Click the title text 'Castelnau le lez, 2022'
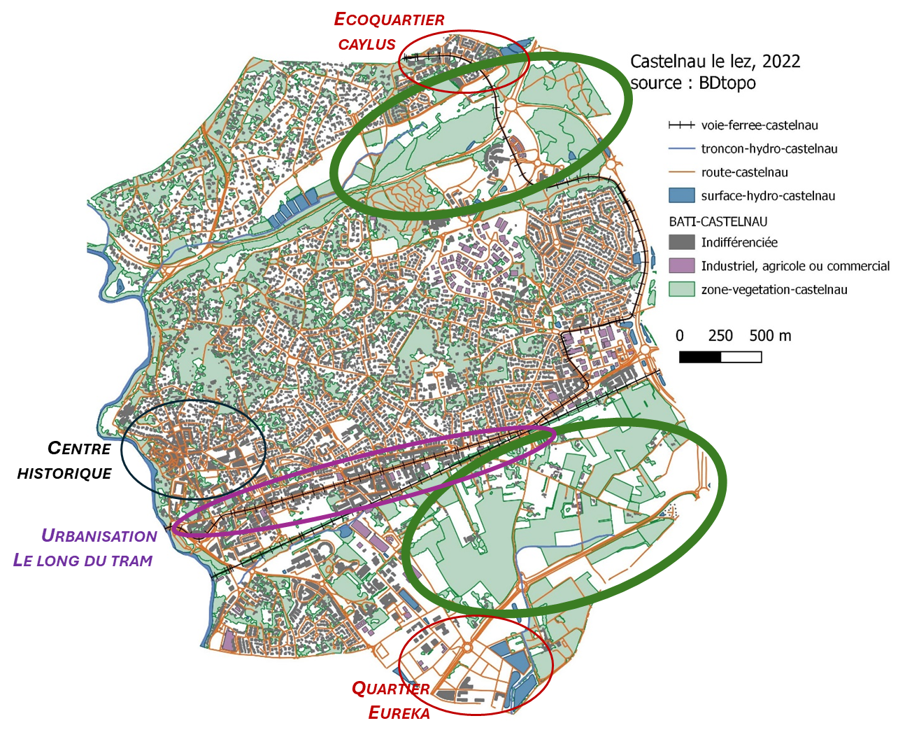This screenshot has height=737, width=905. click(x=715, y=62)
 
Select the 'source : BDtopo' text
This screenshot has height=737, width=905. click(x=692, y=83)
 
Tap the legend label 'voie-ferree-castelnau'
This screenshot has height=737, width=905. click(x=760, y=125)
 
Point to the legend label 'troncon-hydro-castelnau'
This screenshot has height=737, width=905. click(x=769, y=149)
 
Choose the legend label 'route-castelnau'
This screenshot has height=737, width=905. click(x=744, y=172)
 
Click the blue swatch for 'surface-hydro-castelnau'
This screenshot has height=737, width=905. click(x=681, y=196)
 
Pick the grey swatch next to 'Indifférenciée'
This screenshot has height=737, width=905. click(x=681, y=243)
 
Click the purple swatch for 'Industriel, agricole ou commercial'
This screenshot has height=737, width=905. click(x=681, y=266)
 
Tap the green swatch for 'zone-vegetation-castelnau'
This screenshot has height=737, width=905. click(x=681, y=289)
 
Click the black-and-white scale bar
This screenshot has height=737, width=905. click(x=720, y=357)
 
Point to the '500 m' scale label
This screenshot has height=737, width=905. click(x=770, y=336)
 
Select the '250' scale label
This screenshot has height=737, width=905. click(x=720, y=336)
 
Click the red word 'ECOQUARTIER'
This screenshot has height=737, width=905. click(x=389, y=20)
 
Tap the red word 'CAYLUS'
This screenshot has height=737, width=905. click(x=367, y=45)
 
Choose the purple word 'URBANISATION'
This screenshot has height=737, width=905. click(x=99, y=536)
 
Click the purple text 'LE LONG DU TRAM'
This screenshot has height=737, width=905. click(x=83, y=561)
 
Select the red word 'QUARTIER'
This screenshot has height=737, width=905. click(x=390, y=689)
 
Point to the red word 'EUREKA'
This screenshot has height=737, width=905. click(x=399, y=713)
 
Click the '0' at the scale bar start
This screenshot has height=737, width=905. click(x=680, y=336)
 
